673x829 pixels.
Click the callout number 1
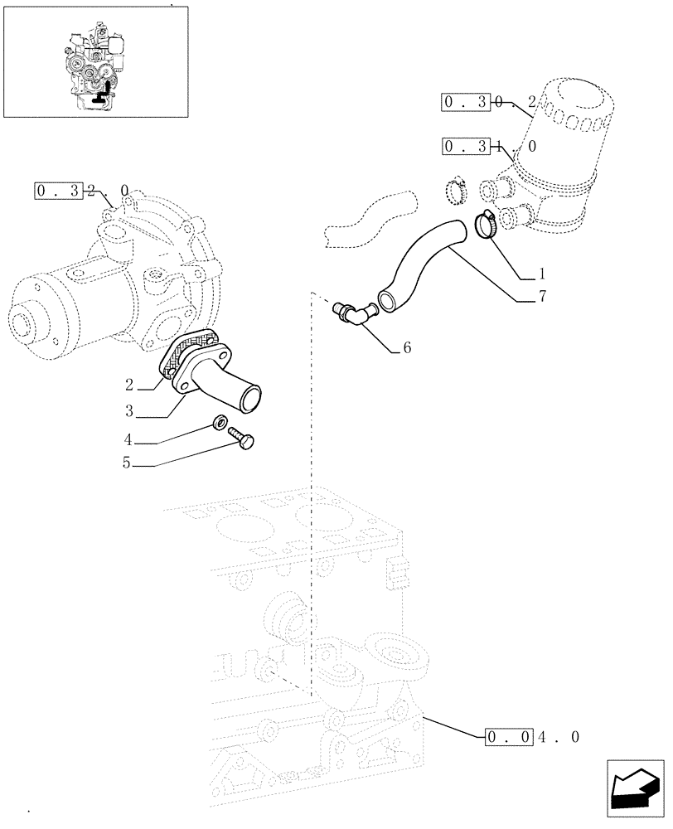click(541, 273)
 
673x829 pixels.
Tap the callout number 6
click(407, 349)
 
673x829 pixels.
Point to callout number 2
click(130, 385)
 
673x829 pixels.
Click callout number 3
click(129, 410)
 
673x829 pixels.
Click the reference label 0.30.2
click(490, 103)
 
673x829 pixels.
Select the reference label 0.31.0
click(490, 147)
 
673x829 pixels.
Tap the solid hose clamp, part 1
click(487, 224)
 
